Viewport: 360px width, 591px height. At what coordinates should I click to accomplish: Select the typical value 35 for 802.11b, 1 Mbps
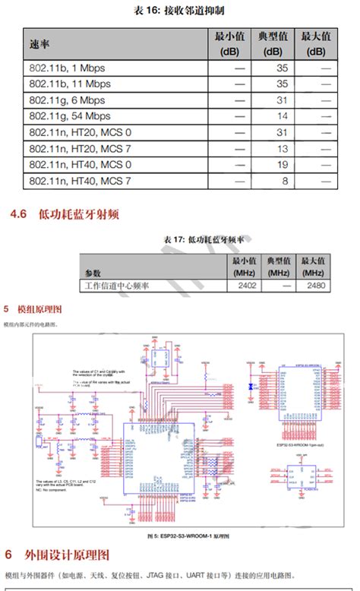tap(282, 68)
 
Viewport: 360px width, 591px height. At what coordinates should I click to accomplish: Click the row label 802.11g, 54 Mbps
tap(70, 116)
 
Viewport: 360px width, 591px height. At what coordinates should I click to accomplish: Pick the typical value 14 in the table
tap(282, 116)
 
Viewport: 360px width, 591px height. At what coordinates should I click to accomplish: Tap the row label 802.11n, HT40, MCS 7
tap(80, 182)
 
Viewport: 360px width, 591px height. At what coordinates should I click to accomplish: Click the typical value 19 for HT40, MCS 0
tap(282, 165)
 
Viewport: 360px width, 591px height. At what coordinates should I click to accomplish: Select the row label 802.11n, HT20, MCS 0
tap(80, 133)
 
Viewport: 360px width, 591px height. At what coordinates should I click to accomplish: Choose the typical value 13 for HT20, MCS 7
tap(282, 149)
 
